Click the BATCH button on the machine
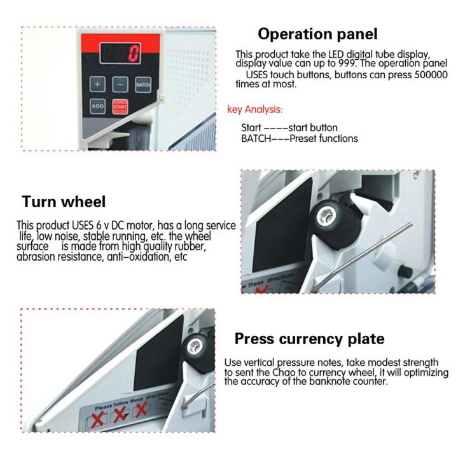point(142,85)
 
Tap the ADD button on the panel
point(97,106)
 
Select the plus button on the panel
point(97,84)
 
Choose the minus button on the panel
point(120,84)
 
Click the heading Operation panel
point(317,34)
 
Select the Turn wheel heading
point(64,202)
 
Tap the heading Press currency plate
point(309,338)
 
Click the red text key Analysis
point(255,109)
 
